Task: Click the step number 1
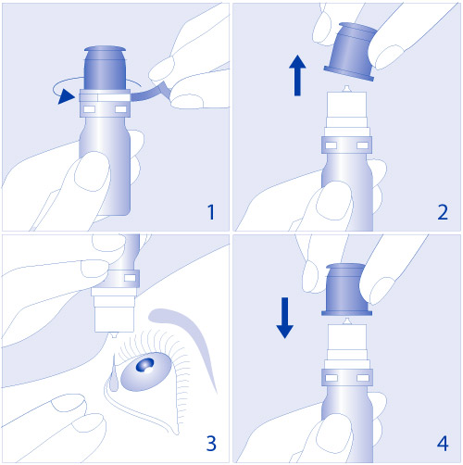click(211, 212)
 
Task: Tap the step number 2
click(443, 212)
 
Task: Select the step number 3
click(211, 444)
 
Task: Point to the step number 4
click(443, 444)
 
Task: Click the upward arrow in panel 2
click(297, 75)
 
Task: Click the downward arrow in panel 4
click(284, 318)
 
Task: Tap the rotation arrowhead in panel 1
click(66, 96)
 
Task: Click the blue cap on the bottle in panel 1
click(105, 68)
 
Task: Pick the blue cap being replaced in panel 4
click(346, 290)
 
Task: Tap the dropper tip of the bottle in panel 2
click(346, 89)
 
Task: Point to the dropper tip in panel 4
click(347, 321)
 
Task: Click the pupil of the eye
click(145, 365)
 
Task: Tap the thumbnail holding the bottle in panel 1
click(92, 171)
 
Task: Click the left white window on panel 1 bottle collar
click(90, 109)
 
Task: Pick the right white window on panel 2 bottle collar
click(363, 145)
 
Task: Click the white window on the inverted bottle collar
click(130, 278)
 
